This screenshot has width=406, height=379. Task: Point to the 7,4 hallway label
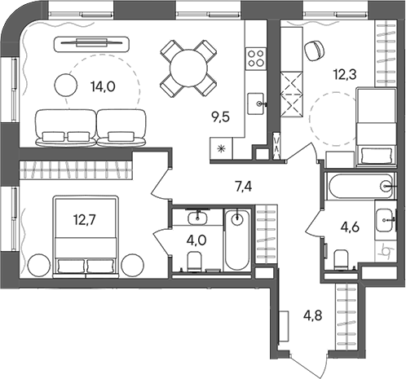243,186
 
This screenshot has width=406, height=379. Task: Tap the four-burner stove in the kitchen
255,58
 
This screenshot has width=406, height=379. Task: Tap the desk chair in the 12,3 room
313,49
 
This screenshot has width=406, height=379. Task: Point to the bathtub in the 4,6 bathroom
359,187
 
